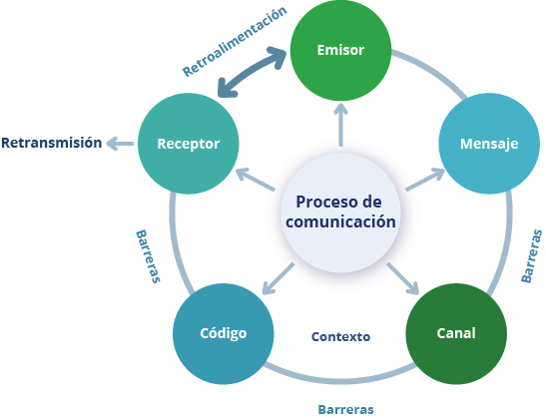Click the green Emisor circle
click(340, 50)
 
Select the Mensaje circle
click(489, 144)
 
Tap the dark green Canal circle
click(456, 333)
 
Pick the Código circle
click(224, 333)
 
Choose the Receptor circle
click(189, 144)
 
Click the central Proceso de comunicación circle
click(340, 212)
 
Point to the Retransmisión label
click(52, 143)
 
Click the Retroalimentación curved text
click(235, 41)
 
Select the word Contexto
click(340, 336)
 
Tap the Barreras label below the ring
click(345, 409)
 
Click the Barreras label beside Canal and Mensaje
click(531, 255)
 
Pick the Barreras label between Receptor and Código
click(148, 256)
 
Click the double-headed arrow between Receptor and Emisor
click(251, 72)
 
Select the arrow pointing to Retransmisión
click(120, 144)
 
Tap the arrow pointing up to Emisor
click(340, 126)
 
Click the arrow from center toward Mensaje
click(425, 180)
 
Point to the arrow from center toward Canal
click(403, 278)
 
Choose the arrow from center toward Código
click(277, 278)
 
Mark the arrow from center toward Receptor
click(256, 180)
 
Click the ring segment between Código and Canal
click(339, 380)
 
